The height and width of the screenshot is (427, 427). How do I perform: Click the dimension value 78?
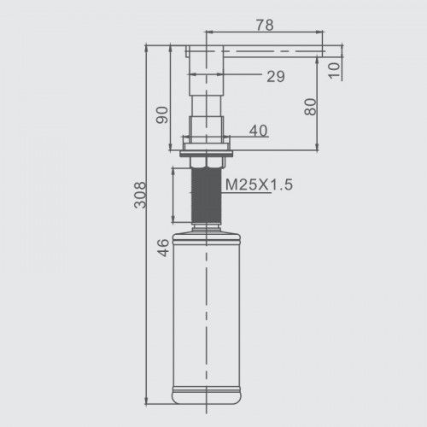click(x=265, y=25)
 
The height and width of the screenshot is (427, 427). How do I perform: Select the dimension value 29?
click(x=276, y=76)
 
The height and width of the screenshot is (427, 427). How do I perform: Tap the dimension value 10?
click(x=334, y=70)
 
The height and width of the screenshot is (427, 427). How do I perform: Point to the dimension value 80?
click(x=310, y=107)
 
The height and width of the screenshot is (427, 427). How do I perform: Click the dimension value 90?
click(x=161, y=114)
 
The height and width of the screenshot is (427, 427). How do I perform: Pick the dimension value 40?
click(x=259, y=131)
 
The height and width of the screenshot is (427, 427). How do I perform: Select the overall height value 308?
click(x=140, y=195)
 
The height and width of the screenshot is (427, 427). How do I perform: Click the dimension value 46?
click(x=163, y=248)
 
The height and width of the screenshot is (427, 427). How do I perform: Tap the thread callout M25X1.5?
click(x=259, y=184)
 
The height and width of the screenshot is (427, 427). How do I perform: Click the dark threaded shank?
click(x=207, y=196)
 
